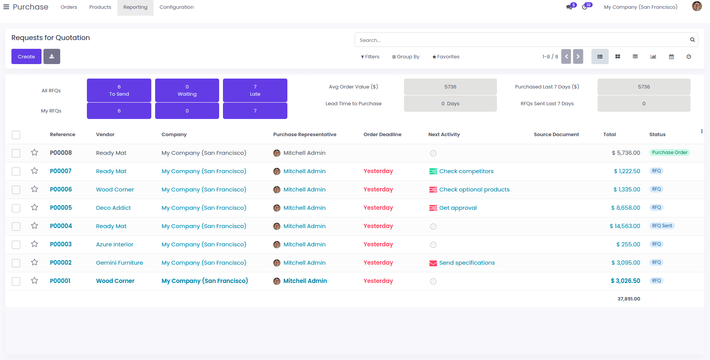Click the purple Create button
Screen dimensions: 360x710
pyautogui.click(x=26, y=56)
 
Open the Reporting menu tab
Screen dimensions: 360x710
pyautogui.click(x=135, y=7)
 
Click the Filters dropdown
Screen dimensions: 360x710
pyautogui.click(x=370, y=57)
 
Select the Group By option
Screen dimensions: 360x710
pyautogui.click(x=405, y=57)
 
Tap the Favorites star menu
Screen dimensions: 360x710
pyautogui.click(x=446, y=57)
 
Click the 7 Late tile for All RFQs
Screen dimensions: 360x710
pyautogui.click(x=255, y=90)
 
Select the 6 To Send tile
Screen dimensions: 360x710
pyautogui.click(x=119, y=90)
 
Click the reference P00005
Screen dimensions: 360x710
pyautogui.click(x=61, y=208)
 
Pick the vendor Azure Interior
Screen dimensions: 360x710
pyautogui.click(x=115, y=244)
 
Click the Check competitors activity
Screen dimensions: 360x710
pyautogui.click(x=466, y=171)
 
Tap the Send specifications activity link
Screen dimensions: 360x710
pyautogui.click(x=467, y=263)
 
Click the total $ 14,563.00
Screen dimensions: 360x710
pyautogui.click(x=625, y=226)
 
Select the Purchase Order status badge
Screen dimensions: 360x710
pyautogui.click(x=670, y=153)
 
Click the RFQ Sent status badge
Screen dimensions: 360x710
pyautogui.click(x=662, y=226)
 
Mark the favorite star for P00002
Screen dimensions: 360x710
pyautogui.click(x=35, y=262)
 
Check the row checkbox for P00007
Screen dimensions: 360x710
pyautogui.click(x=16, y=172)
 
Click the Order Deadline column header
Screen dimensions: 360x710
pyautogui.click(x=382, y=135)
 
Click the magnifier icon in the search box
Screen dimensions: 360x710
pyautogui.click(x=692, y=40)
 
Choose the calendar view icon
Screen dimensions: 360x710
pyautogui.click(x=671, y=57)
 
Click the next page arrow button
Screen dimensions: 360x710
pyautogui.click(x=578, y=57)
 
